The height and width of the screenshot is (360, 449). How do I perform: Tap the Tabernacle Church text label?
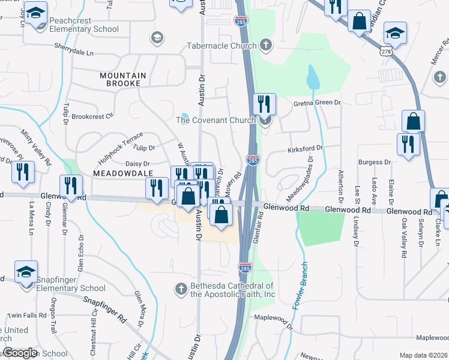221,46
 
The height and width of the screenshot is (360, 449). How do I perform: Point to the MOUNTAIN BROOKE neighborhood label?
122,79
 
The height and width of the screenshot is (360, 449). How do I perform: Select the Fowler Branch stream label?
301,286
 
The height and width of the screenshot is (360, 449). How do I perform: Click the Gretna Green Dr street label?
317,103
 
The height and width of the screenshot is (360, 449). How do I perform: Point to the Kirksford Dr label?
305,148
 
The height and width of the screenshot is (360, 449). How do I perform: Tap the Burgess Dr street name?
375,162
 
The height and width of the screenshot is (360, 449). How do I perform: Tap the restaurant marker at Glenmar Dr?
71,187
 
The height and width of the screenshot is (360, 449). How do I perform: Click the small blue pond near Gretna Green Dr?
312,77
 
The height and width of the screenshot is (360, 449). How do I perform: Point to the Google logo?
20,353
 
